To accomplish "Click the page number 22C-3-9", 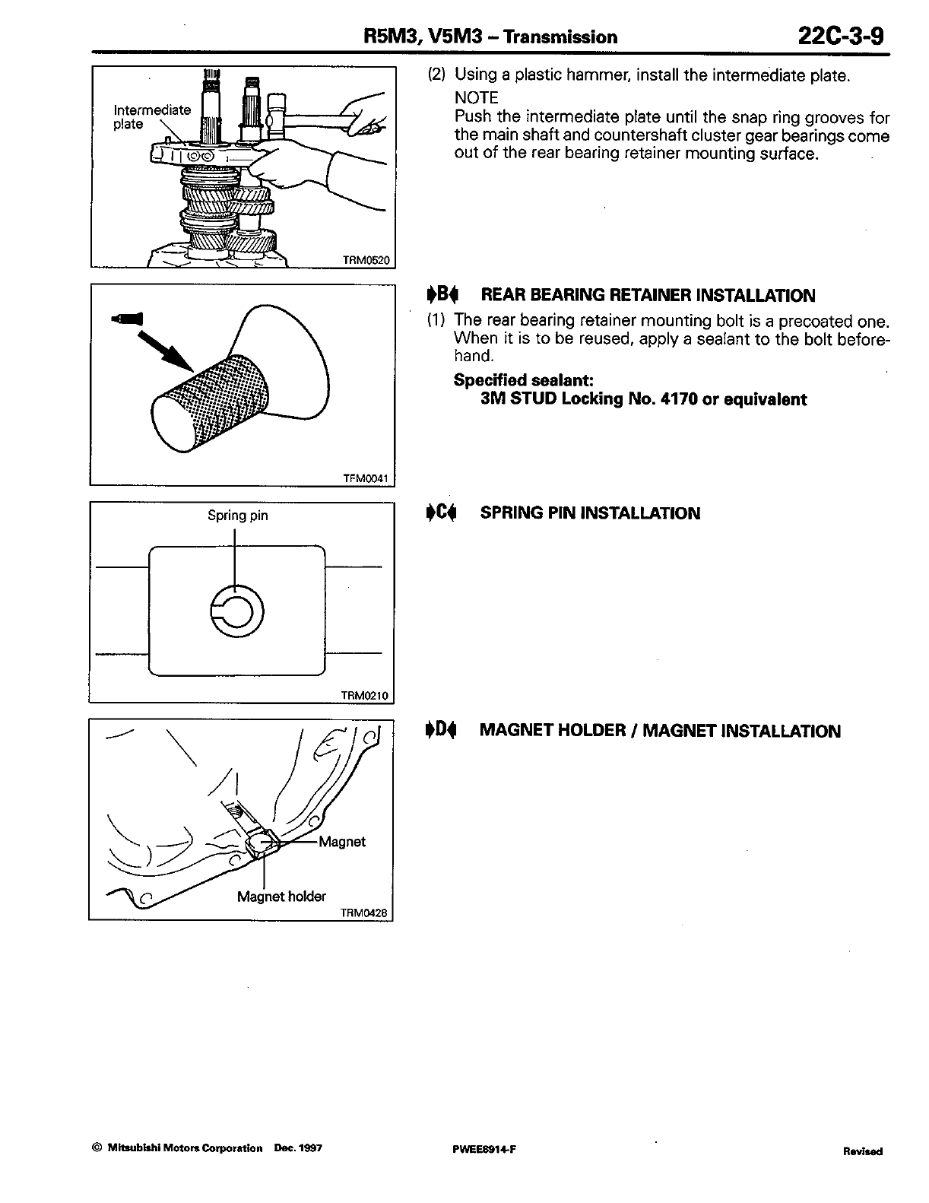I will point(841,36).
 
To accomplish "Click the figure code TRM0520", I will point(366,260).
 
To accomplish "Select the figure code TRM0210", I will point(365,695).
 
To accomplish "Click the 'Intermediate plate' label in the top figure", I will point(152,116).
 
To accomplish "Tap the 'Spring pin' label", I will point(238,516).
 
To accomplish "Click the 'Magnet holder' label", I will point(281,897).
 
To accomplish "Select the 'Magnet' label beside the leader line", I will point(342,842).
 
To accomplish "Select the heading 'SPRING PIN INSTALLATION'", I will point(590,513).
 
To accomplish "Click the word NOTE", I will point(476,98).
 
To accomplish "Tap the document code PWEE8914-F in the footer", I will point(484,1149).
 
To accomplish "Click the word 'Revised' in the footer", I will point(862,1151).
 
